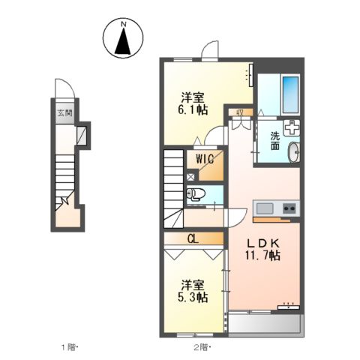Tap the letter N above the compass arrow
(x=123, y=24)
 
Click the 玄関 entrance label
(x=65, y=113)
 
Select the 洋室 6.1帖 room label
(x=193, y=103)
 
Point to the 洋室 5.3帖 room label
(x=193, y=291)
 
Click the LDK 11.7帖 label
(x=262, y=249)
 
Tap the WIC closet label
(x=205, y=158)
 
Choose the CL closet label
(x=193, y=239)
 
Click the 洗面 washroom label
(x=275, y=141)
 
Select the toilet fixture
(x=196, y=194)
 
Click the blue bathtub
(x=290, y=94)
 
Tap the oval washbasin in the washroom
(x=294, y=152)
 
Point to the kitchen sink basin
(x=265, y=208)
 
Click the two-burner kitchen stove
(x=289, y=208)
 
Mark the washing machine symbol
(x=292, y=127)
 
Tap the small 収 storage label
(x=240, y=112)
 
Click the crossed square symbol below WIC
(x=190, y=177)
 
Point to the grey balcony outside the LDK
(x=265, y=323)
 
